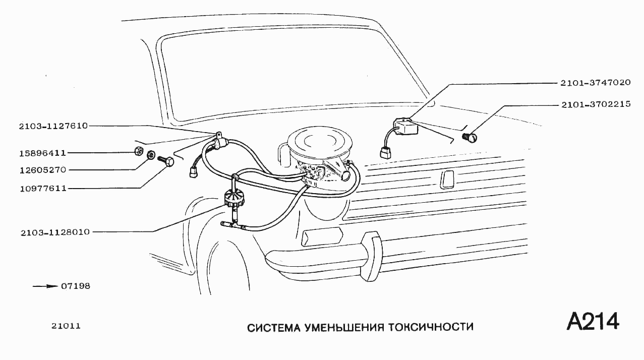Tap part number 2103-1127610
46,127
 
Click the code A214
593,322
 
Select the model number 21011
66,326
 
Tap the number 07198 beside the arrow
76,286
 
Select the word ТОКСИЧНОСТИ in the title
431,328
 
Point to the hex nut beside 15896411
138,151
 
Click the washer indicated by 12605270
150,155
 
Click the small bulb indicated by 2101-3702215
472,136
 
